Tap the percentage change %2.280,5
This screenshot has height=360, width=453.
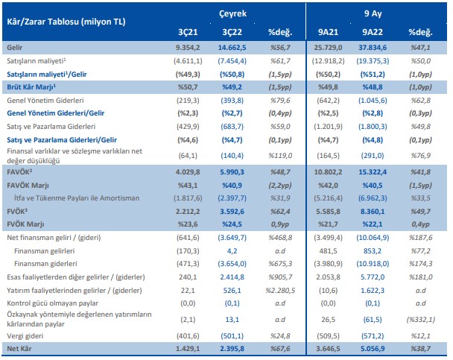pyautogui.click(x=277, y=291)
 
